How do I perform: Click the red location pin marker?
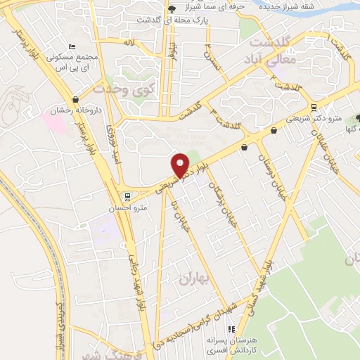click(181, 164)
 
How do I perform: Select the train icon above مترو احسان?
click(127, 196)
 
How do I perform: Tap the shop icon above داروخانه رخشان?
click(75, 99)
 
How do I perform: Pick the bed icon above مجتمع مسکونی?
click(72, 46)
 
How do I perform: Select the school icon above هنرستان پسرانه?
click(230, 329)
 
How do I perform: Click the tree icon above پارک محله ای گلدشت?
click(173, 9)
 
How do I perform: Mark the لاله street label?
click(128, 43)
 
